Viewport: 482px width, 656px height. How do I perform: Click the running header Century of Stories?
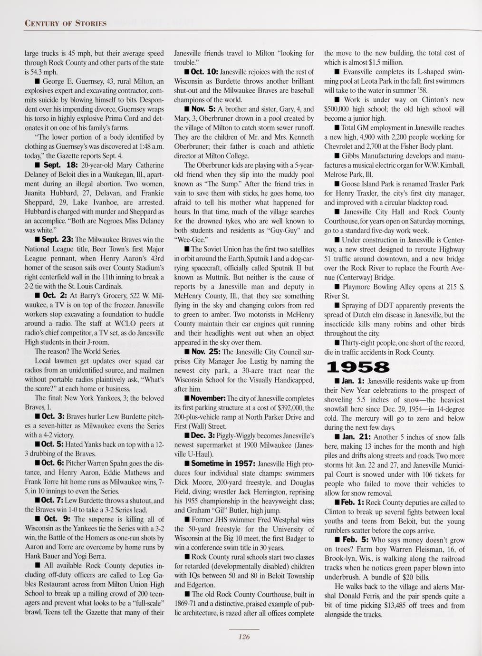coord(65,23)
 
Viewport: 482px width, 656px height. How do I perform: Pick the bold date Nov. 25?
coord(205,352)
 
